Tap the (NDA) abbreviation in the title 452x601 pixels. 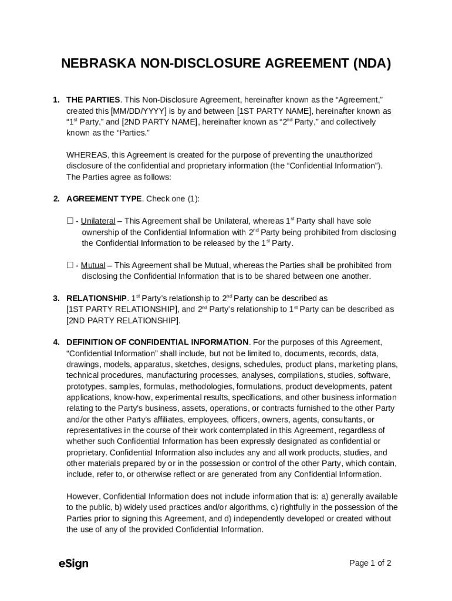372,63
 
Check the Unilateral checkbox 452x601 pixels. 70,221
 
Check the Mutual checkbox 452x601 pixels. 70,265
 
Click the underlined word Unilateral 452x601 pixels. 97,221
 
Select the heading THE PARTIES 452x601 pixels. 93,100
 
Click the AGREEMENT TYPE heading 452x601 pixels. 104,199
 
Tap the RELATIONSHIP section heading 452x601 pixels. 96,298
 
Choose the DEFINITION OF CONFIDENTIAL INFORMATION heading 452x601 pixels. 157,342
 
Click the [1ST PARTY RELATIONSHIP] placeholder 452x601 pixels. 122,309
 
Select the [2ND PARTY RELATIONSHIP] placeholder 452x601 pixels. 123,320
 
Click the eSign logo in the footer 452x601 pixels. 73,563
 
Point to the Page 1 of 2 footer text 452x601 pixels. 370,563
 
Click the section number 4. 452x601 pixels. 56,342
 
